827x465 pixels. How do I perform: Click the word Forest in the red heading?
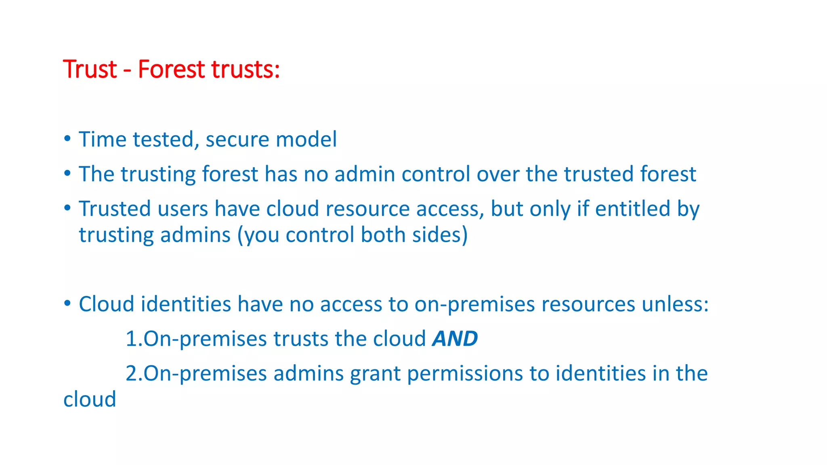(171, 69)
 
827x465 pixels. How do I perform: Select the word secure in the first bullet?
(237, 140)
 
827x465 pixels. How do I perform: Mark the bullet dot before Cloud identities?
(67, 304)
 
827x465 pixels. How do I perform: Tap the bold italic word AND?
(455, 339)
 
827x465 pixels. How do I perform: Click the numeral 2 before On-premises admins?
(132, 373)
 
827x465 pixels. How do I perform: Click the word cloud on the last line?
(90, 399)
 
